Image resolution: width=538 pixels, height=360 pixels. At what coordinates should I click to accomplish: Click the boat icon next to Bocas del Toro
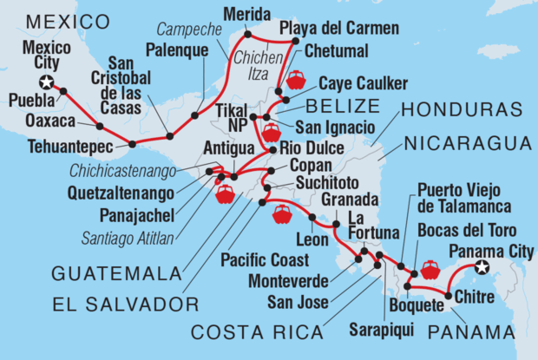point(430,270)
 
